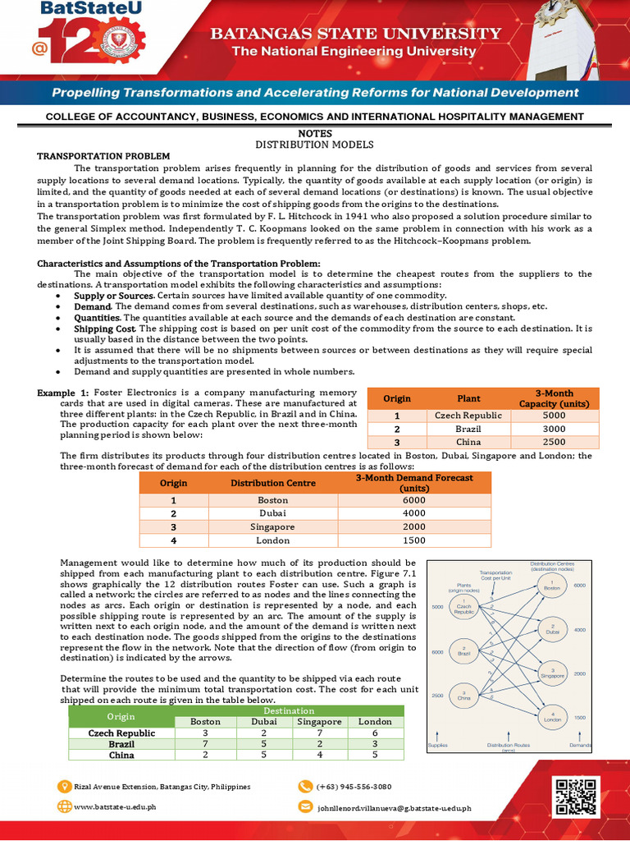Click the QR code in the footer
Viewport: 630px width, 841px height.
click(x=573, y=796)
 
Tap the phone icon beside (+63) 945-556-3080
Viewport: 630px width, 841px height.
click(x=304, y=786)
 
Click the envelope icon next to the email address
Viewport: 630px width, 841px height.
click(x=304, y=807)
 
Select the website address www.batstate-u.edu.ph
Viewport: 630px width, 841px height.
click(x=115, y=807)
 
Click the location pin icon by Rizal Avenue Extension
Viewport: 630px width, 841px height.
click(x=63, y=786)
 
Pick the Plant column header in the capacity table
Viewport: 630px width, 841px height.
click(x=468, y=398)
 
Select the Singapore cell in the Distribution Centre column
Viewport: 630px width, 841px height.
click(x=272, y=526)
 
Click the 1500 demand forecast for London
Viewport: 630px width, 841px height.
click(x=414, y=540)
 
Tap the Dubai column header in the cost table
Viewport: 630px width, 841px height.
click(x=263, y=722)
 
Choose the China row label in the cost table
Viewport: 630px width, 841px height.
click(x=111, y=755)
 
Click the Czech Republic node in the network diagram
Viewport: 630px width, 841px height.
click(x=464, y=609)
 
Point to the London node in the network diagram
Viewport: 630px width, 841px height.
click(x=553, y=717)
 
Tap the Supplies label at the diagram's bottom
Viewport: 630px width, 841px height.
click(x=439, y=746)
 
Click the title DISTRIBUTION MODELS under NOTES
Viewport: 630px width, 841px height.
click(x=315, y=145)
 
